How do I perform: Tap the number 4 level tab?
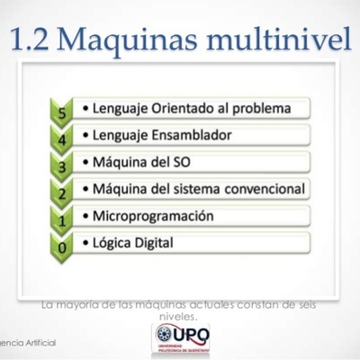(x=60, y=140)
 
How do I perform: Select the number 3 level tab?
(x=60, y=166)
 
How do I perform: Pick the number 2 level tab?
(x=60, y=193)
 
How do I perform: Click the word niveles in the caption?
(x=176, y=318)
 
